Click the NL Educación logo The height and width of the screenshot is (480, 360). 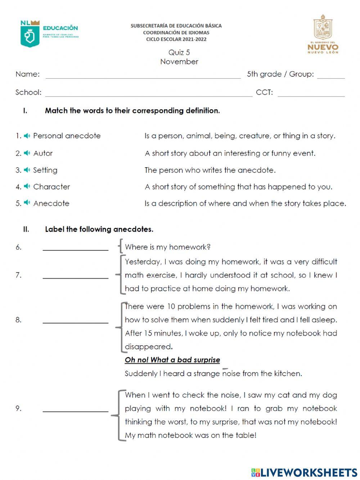tap(49, 33)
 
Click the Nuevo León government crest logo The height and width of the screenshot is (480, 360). tap(323, 34)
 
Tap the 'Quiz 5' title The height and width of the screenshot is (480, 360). tap(179, 53)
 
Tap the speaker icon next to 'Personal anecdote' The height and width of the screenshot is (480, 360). tap(27, 136)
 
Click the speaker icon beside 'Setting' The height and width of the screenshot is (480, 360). tap(27, 170)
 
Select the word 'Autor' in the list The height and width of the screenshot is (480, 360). tap(43, 154)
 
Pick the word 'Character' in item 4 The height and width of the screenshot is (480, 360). tap(51, 187)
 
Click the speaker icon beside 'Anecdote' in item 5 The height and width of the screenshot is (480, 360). tap(27, 203)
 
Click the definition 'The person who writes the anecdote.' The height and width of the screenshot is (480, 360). tap(210, 170)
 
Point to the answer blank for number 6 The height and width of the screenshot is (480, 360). tap(75, 248)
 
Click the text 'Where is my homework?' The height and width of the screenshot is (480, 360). tap(167, 247)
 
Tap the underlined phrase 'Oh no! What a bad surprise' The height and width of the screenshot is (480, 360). tap(172, 360)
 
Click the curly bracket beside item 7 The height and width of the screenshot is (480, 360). tap(119, 275)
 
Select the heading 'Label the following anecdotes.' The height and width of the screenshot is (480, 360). tap(99, 229)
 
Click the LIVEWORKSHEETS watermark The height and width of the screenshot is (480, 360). tap(304, 472)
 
